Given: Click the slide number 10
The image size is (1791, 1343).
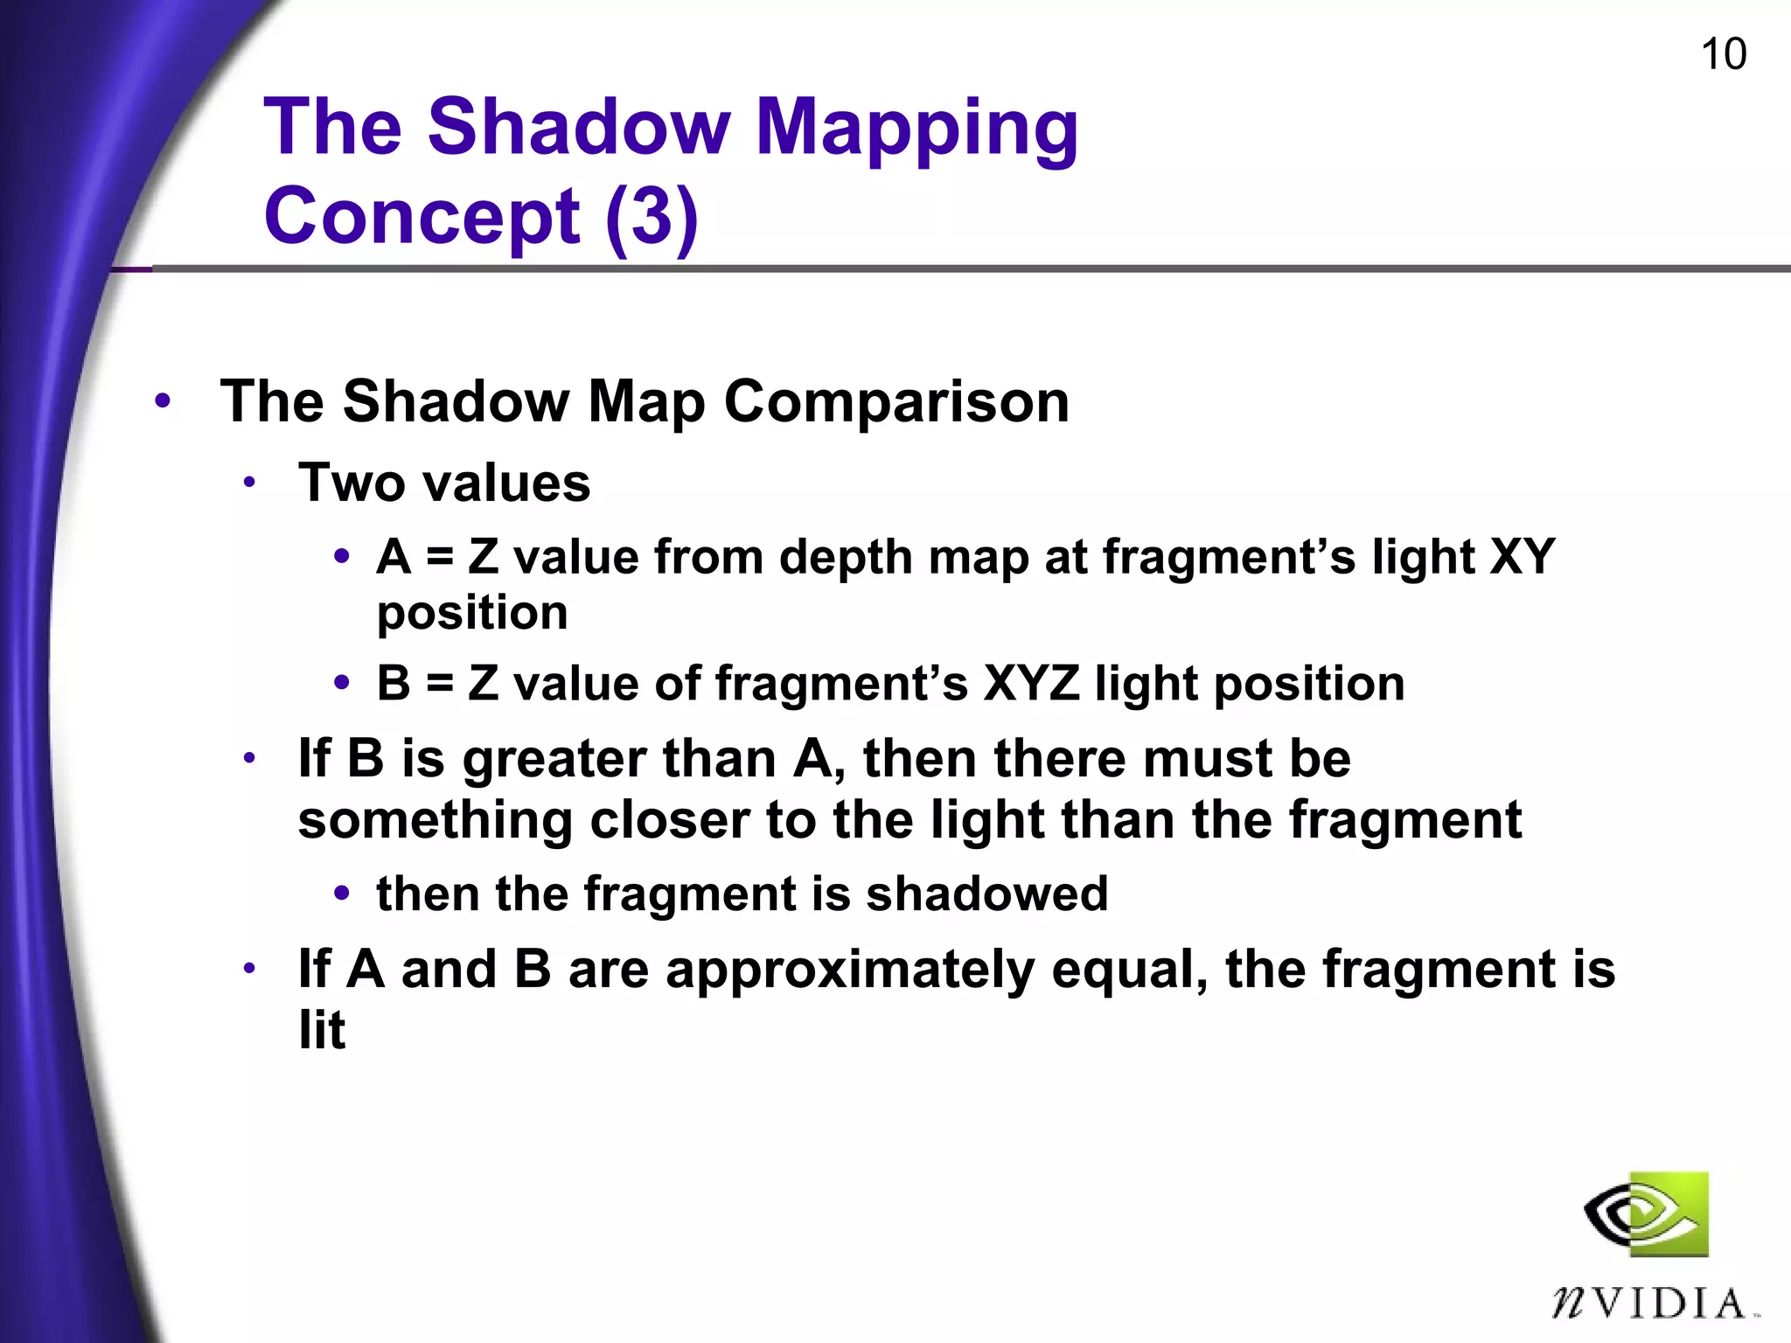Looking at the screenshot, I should point(1723,54).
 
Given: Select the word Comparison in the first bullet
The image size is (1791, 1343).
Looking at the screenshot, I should point(896,402).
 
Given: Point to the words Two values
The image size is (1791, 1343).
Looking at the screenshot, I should point(444,483).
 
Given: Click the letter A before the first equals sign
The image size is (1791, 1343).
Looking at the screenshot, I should point(394,557).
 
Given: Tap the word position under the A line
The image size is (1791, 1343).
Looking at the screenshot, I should point(472,613).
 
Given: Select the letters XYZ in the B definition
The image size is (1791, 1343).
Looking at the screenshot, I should point(1031,683).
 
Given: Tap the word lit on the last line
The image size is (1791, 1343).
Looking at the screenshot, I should point(322,1030).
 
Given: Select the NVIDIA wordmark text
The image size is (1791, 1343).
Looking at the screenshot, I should point(1649,1305).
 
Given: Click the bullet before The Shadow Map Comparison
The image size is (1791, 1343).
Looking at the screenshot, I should point(163,402).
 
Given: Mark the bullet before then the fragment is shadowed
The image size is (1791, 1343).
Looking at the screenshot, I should point(342,894).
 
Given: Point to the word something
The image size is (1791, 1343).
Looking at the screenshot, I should point(436,820).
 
